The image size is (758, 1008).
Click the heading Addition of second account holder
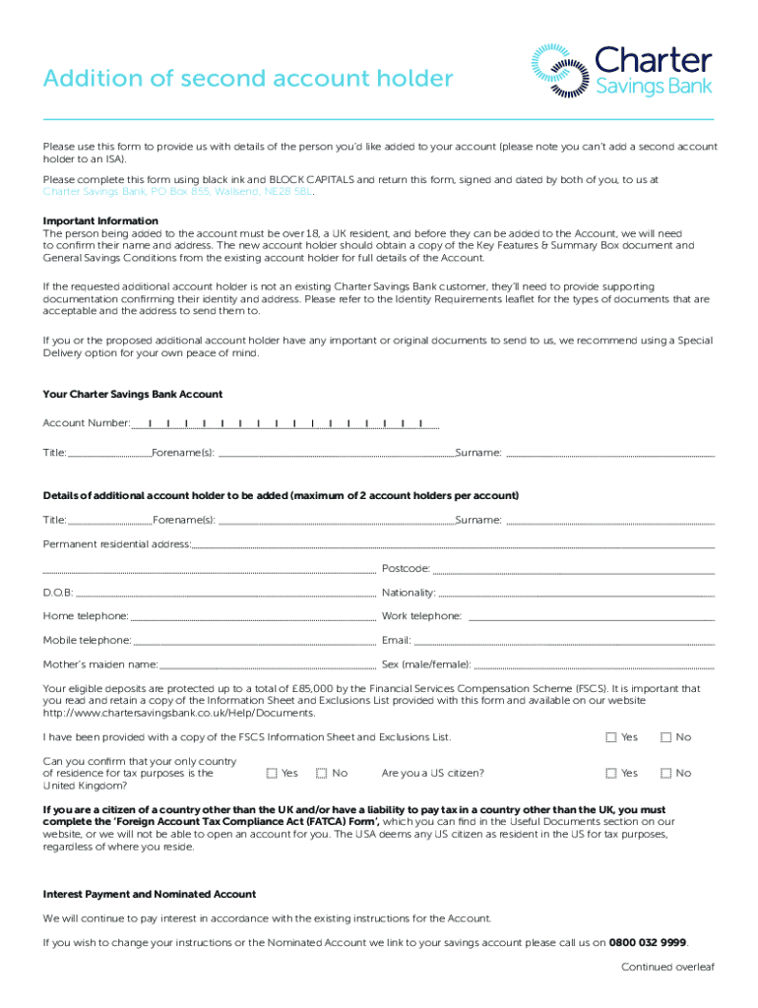248,80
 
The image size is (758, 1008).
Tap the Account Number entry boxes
284,423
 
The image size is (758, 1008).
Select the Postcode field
573,569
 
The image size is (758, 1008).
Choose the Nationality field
576,593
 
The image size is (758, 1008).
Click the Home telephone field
253,616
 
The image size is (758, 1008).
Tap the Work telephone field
591,616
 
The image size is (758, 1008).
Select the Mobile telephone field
255,640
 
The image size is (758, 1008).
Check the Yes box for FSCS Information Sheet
611,737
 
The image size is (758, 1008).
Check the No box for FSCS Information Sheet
666,737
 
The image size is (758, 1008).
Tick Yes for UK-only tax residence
272,774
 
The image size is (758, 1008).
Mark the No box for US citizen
666,774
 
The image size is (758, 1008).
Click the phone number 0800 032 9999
648,942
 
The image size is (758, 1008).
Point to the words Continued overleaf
667,967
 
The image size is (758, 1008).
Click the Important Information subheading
100,220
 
